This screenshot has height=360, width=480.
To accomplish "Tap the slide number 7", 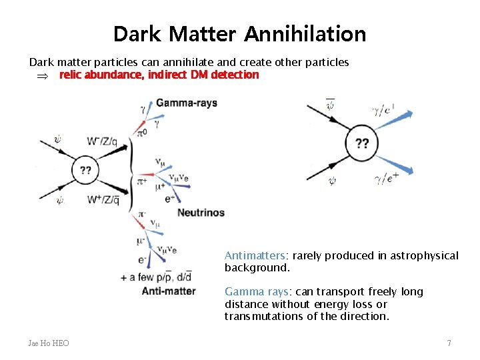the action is click(449, 343).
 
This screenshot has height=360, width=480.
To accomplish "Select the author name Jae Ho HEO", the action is click(49, 343).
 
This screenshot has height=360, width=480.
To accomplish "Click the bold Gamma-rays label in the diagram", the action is click(187, 103).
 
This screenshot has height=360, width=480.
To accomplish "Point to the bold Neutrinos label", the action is click(201, 213).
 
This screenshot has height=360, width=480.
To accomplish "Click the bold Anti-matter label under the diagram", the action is click(169, 291).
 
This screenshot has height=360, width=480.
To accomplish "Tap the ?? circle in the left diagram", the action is click(86, 170).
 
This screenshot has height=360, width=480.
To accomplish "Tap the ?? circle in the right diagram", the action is click(362, 143).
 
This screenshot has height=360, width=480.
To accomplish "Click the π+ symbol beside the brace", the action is click(142, 181).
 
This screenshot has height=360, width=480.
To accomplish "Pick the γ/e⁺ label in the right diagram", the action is click(387, 177).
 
